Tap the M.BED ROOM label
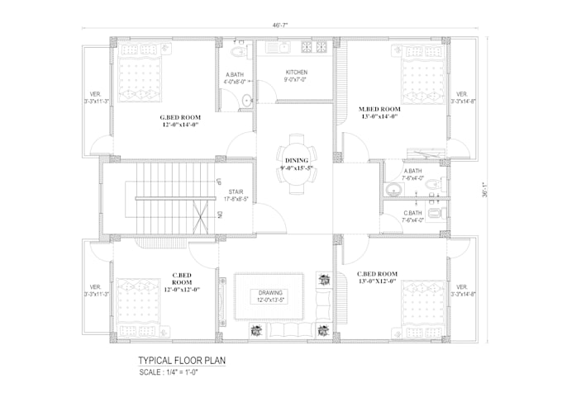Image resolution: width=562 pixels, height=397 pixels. (379, 109)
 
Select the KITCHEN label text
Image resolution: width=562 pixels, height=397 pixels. (296, 72)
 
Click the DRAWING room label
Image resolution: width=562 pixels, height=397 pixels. (270, 293)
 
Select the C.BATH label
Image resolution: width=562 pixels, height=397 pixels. (412, 212)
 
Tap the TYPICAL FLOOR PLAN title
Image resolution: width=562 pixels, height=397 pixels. (181, 361)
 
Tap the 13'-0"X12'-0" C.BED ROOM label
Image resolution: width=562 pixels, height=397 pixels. (378, 277)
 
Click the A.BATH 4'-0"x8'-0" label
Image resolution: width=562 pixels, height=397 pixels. (236, 77)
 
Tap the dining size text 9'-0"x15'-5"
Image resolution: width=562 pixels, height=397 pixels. (297, 169)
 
